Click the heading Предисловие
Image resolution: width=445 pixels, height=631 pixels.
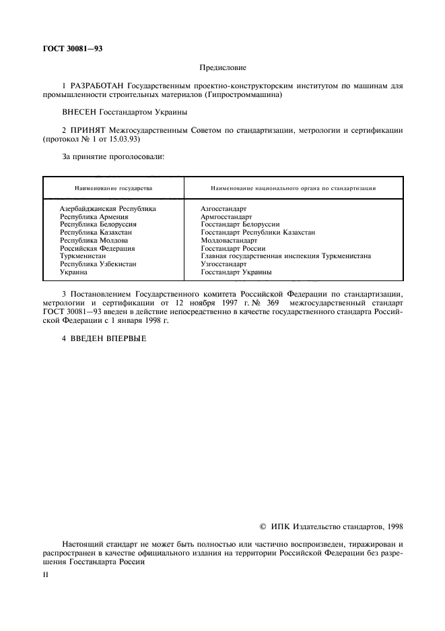223,68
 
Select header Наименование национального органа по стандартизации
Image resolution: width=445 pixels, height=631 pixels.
293,187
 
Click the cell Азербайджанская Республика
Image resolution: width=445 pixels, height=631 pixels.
108,209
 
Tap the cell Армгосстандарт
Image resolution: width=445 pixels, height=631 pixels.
226,217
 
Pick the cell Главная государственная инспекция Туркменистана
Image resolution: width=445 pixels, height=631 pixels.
286,256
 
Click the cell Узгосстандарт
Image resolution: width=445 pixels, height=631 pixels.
224,264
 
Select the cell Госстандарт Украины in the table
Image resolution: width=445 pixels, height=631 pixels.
236,272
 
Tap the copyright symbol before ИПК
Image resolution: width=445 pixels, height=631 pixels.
263,526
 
